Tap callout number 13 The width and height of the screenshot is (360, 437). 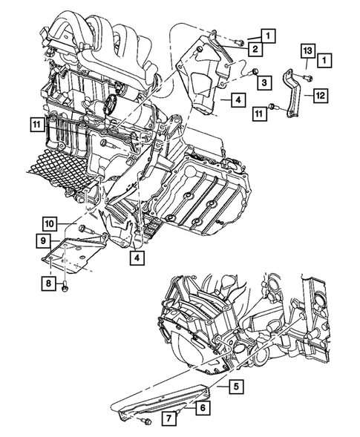pos(307,50)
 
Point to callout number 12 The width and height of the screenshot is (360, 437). pos(320,95)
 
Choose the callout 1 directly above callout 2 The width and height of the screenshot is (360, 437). pos(268,34)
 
